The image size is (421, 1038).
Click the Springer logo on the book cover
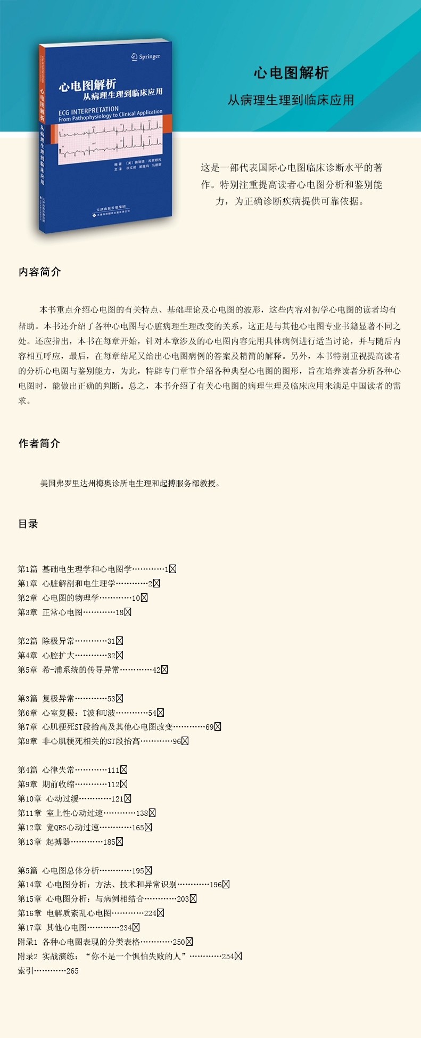click(x=145, y=56)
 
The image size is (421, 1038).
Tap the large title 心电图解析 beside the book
click(x=291, y=73)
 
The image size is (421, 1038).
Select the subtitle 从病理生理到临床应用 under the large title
click(x=291, y=100)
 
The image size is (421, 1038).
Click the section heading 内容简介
click(x=40, y=272)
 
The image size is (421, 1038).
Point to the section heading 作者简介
click(x=39, y=444)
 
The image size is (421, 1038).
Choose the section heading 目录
click(x=28, y=524)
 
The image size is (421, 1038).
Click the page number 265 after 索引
click(x=72, y=971)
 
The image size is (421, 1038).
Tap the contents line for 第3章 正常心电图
click(x=74, y=612)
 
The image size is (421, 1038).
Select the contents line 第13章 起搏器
click(x=70, y=842)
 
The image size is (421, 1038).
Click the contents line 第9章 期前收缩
click(x=72, y=784)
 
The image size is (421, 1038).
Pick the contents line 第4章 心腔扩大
click(x=70, y=656)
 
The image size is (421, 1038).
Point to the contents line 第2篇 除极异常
click(x=70, y=641)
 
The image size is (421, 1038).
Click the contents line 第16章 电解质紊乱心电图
click(x=90, y=913)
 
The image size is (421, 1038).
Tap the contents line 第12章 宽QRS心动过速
click(x=85, y=828)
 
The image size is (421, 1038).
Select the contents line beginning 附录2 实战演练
click(x=129, y=957)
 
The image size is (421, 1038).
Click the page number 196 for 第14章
click(x=216, y=885)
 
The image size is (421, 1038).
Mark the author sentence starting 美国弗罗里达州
click(x=130, y=484)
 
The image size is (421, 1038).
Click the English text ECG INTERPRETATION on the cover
click(x=89, y=111)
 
